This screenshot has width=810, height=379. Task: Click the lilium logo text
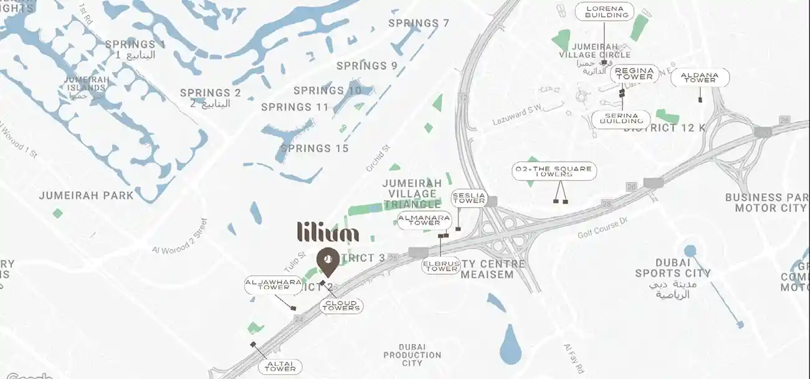(x=328, y=232)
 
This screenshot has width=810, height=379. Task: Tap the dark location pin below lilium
(x=327, y=261)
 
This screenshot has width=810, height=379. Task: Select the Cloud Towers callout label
(x=341, y=305)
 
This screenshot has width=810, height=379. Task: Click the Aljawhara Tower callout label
(x=266, y=284)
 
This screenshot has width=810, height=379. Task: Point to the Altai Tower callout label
(x=280, y=367)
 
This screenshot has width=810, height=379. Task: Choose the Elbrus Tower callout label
(x=441, y=266)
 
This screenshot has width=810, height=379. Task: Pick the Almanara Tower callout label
(x=424, y=220)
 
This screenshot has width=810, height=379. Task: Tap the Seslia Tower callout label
(x=469, y=198)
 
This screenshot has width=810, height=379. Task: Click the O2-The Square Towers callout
(x=553, y=172)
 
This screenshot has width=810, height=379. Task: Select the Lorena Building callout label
(x=604, y=12)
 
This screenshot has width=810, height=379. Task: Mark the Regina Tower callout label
(x=634, y=74)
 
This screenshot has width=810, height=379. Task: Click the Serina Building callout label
(x=620, y=118)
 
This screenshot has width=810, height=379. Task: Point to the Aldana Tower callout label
(x=699, y=77)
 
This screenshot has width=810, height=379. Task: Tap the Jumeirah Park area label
(x=86, y=195)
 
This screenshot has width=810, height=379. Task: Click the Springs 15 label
(x=315, y=148)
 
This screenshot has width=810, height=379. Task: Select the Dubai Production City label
(x=412, y=355)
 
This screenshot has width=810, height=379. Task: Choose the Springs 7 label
(x=419, y=23)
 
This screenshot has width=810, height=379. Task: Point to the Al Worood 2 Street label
(x=179, y=237)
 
